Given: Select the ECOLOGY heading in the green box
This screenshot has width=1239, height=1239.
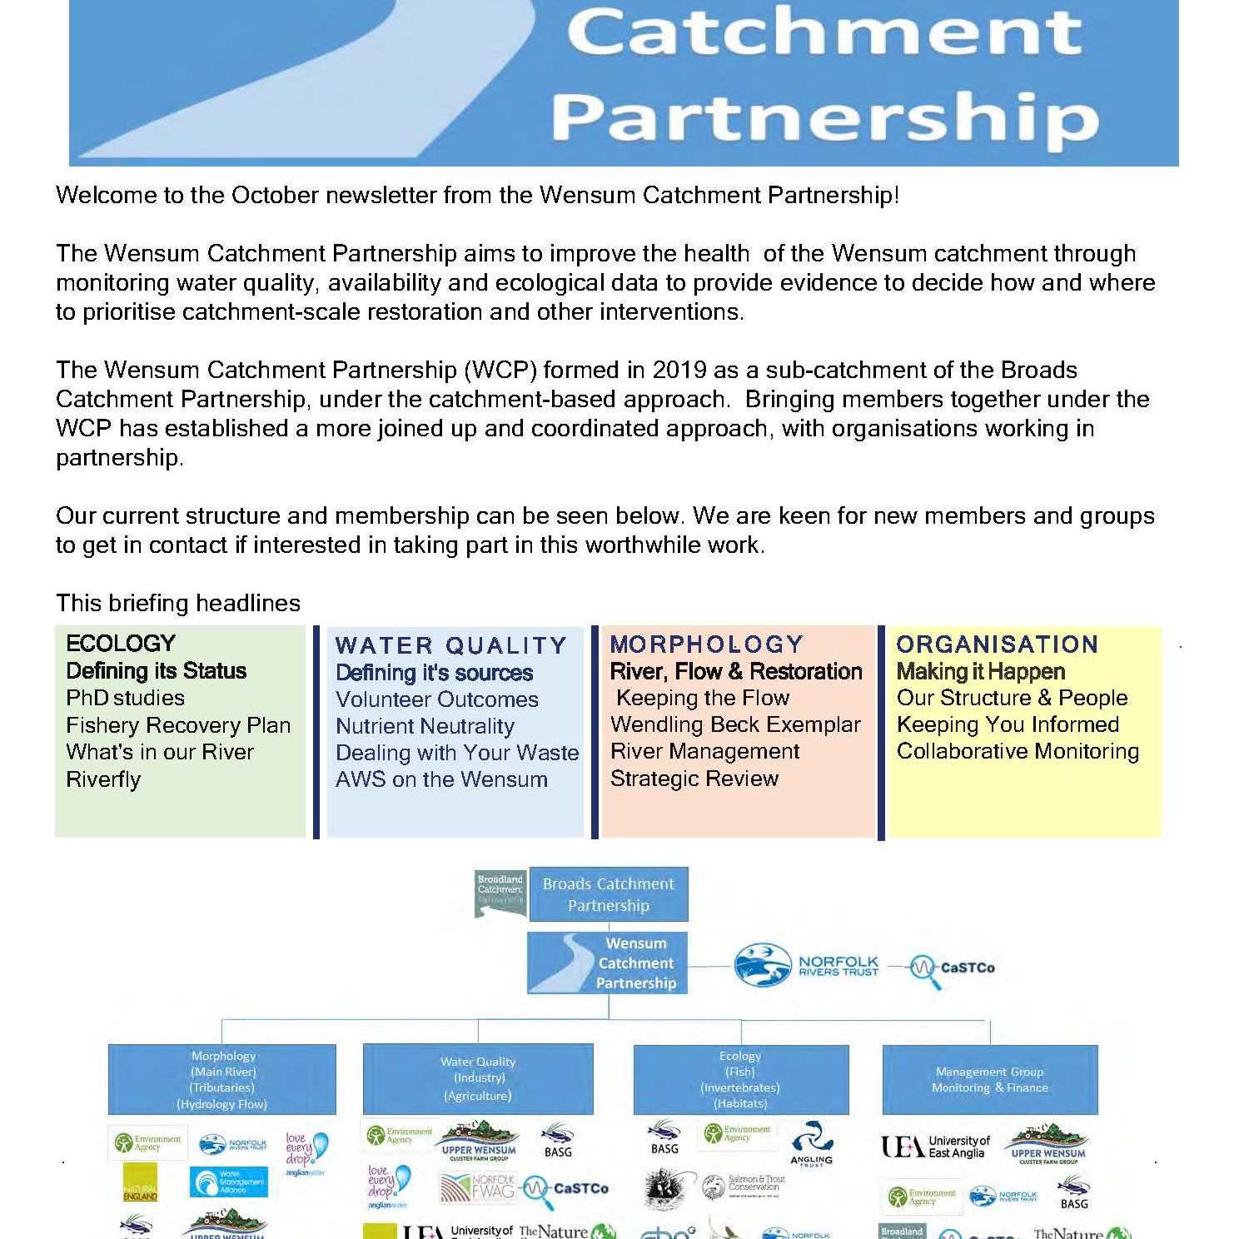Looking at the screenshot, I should click(121, 644).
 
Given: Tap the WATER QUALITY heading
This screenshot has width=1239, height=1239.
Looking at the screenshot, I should click(450, 645).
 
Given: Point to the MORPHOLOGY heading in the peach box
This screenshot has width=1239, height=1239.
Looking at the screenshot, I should click(706, 644).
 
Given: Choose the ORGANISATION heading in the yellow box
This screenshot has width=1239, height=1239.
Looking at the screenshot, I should click(997, 644).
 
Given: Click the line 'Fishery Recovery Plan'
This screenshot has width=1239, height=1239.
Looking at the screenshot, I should click(178, 725).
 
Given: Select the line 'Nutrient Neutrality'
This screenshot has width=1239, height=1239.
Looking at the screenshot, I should click(425, 726).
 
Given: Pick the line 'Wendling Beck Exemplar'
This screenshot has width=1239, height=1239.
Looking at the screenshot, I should click(735, 724).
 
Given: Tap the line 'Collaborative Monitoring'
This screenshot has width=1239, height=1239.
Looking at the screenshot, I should click(1018, 751).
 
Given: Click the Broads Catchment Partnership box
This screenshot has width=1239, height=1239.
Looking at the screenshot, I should click(608, 894).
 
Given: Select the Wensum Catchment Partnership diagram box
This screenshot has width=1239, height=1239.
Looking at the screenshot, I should click(608, 963).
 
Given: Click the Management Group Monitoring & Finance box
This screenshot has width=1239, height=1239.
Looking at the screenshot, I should click(989, 1080).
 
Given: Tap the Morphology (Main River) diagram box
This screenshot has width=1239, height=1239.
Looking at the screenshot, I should click(222, 1080).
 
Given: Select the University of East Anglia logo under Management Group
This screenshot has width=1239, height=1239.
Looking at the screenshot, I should click(935, 1147).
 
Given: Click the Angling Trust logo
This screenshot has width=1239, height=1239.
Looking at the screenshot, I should click(811, 1144).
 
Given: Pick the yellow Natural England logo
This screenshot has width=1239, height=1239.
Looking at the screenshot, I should click(139, 1182).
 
